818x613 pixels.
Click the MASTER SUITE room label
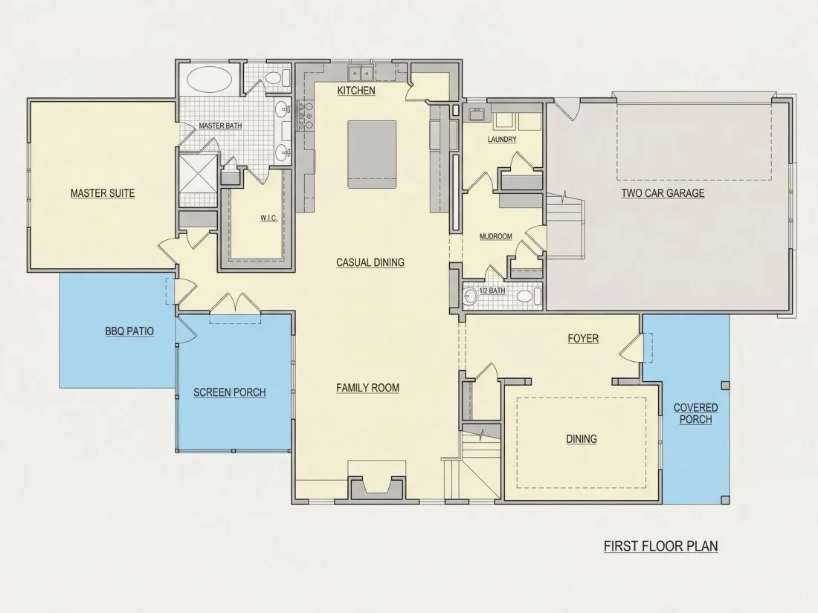(x=103, y=193)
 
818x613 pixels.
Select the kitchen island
(x=372, y=155)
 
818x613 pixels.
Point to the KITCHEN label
(x=356, y=91)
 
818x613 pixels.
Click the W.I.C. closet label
(x=268, y=218)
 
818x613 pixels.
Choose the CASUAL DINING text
(x=370, y=263)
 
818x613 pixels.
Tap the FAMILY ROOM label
(x=368, y=388)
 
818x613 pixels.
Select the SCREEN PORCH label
(x=230, y=392)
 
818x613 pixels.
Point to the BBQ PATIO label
(x=129, y=331)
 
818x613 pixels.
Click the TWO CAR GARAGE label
(x=663, y=193)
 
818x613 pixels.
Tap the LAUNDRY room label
(x=502, y=139)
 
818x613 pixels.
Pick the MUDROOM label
(x=495, y=236)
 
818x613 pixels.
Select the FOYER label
(x=583, y=339)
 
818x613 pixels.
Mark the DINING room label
(x=582, y=439)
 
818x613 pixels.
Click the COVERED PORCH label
(x=695, y=413)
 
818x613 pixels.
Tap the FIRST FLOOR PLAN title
(x=660, y=546)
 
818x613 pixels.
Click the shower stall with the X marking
(x=198, y=173)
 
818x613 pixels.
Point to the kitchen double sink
(x=361, y=72)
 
